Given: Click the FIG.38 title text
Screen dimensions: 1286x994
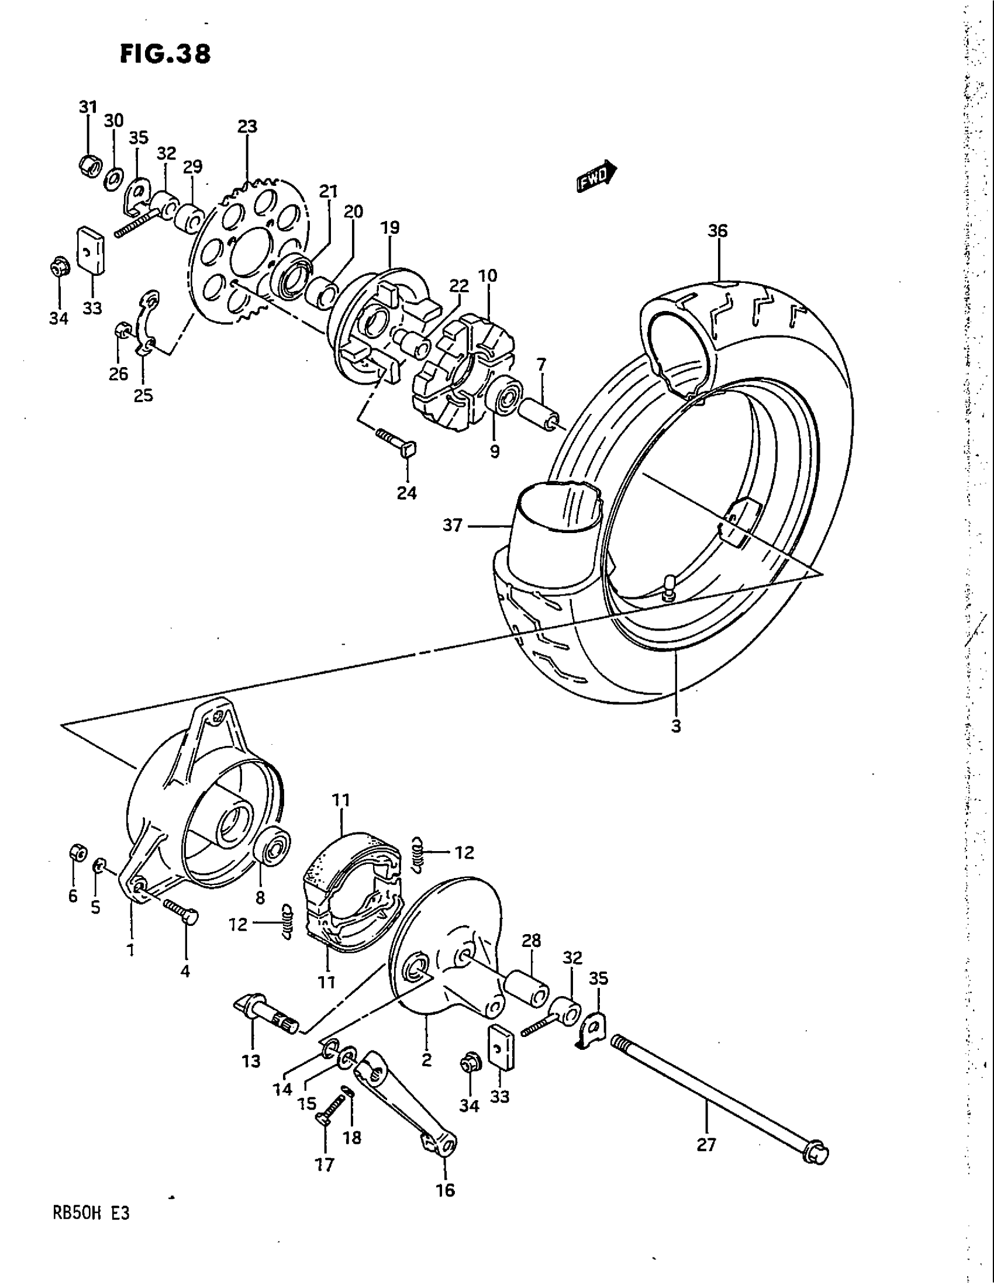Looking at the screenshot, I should click(x=165, y=54).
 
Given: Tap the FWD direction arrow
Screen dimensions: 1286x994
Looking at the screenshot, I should click(x=595, y=177).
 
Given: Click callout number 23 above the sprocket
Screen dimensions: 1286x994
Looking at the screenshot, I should click(x=247, y=127).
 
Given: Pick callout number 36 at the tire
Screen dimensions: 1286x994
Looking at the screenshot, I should click(x=717, y=231).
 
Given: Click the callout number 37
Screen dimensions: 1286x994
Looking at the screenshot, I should click(x=452, y=525).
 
